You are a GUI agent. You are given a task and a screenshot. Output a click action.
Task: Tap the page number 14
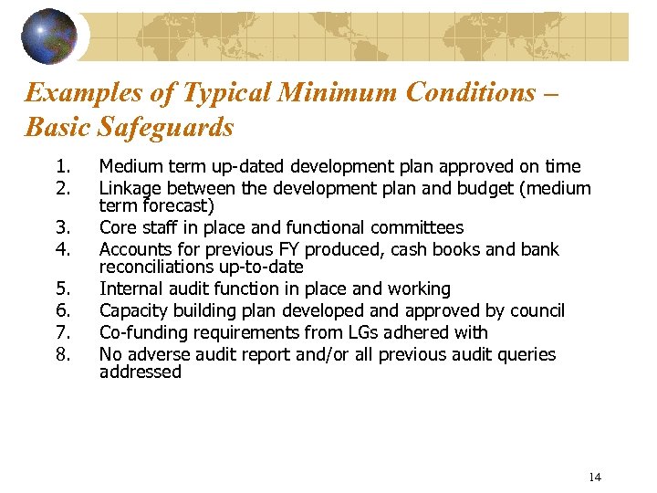tap(595, 477)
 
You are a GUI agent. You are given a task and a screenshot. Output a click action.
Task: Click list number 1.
tap(62, 166)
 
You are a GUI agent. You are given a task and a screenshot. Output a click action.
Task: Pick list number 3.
tap(62, 227)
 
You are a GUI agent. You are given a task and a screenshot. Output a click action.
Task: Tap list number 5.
tap(62, 288)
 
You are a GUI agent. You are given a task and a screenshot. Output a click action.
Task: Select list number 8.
tap(62, 354)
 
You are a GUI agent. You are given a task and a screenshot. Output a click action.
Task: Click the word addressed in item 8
tap(141, 372)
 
